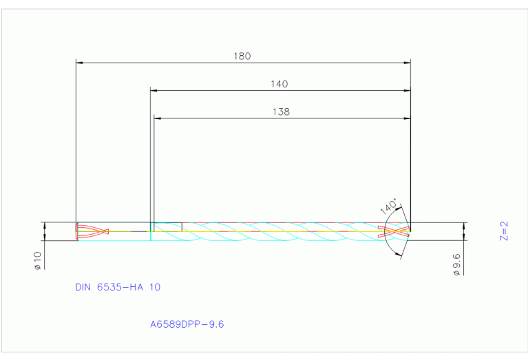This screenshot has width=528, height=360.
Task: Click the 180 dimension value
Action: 242,56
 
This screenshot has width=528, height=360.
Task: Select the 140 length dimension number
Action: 279,84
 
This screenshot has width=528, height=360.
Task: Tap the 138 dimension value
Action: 281,111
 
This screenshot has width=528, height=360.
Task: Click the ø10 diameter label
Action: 38,260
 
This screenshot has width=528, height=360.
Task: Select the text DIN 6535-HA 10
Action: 118,287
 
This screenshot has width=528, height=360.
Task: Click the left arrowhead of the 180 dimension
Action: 79,63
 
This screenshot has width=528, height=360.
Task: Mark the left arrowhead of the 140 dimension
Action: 154,90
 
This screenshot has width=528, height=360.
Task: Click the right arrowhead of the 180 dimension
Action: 407,63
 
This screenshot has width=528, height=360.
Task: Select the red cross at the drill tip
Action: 398,231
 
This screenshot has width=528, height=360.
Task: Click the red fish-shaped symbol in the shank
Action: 93,231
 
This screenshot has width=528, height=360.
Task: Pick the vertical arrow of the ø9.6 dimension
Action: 465,231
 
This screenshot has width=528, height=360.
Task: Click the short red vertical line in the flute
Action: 182,226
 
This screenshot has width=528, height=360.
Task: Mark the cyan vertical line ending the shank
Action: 151,231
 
